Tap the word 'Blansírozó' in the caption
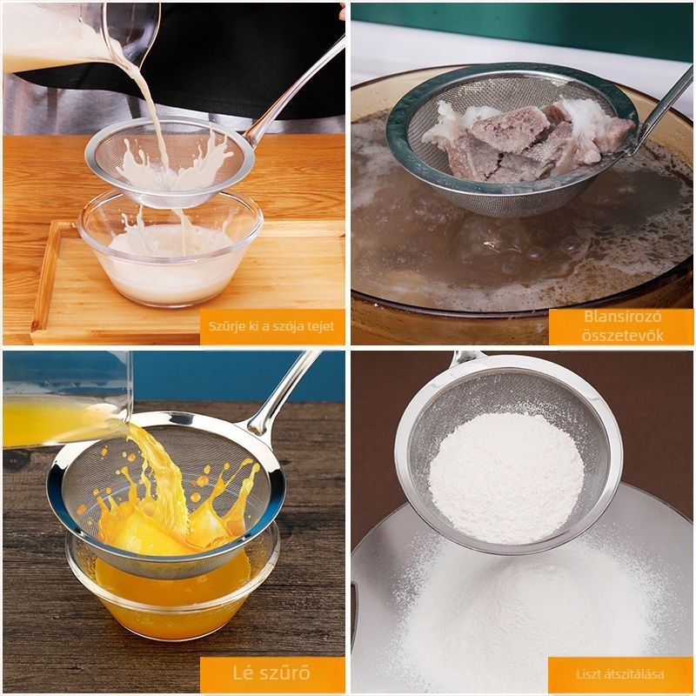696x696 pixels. [x=622, y=317]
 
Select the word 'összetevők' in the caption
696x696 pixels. [x=622, y=335]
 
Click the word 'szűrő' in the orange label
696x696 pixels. [x=284, y=673]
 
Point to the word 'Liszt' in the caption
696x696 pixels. [x=587, y=674]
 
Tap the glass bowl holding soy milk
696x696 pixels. [x=171, y=249]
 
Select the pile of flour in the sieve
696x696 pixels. [x=506, y=477]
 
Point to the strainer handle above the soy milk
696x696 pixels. [x=294, y=92]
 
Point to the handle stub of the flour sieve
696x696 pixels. [x=467, y=358]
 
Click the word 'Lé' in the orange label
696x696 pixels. [x=243, y=673]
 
